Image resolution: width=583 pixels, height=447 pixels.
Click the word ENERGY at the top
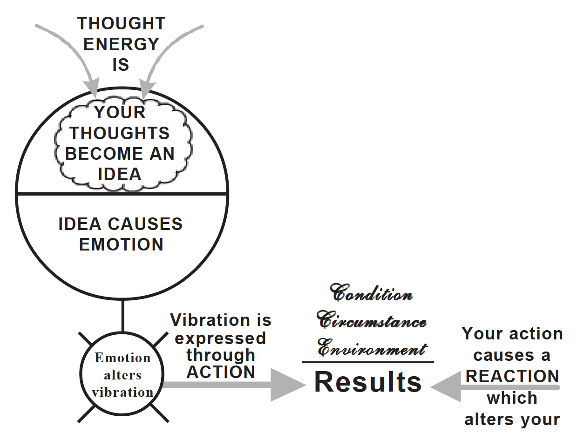click(x=121, y=44)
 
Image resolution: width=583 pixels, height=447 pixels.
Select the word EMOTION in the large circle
click(x=121, y=244)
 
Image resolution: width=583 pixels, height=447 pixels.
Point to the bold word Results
click(x=368, y=382)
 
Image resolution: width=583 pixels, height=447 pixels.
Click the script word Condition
click(x=371, y=293)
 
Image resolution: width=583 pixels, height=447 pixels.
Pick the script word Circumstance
click(x=371, y=321)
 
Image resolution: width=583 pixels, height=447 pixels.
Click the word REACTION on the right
click(x=512, y=376)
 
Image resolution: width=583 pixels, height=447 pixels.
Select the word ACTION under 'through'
click(x=221, y=372)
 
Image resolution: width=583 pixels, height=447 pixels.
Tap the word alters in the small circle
click(x=122, y=375)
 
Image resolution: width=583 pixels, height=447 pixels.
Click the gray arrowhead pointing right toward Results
click(x=286, y=385)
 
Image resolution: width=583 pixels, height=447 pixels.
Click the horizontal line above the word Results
click(x=368, y=362)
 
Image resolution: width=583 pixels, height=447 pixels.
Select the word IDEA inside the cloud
click(x=119, y=174)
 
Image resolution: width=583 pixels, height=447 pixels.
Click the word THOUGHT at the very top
click(x=121, y=23)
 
